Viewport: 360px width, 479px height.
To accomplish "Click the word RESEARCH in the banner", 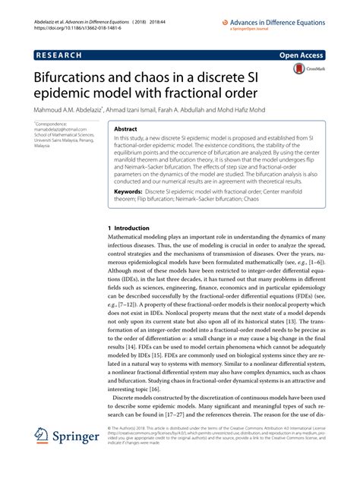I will tap(62, 55).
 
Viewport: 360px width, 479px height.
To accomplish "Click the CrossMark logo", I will tap(304, 71).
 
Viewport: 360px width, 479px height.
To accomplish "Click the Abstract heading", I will tap(125, 130).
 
